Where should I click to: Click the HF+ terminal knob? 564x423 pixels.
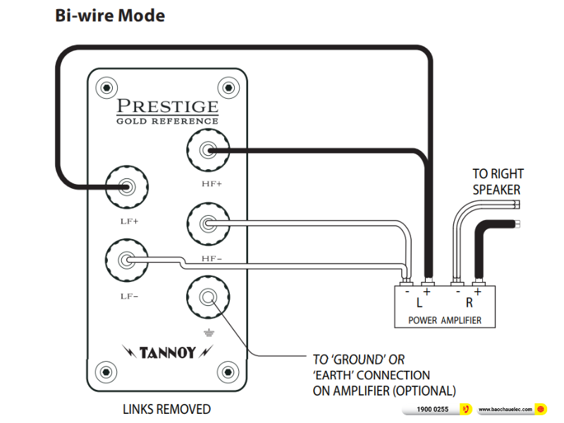tap(207, 151)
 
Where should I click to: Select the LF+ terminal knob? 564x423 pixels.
tap(127, 188)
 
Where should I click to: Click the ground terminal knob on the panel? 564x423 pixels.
tap(207, 298)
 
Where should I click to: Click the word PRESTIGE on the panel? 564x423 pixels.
tap(167, 107)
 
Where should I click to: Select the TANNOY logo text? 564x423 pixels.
tap(168, 350)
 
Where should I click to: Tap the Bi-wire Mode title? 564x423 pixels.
tap(110, 16)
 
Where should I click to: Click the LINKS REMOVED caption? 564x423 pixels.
tap(166, 409)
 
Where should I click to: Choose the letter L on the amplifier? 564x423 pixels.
tap(419, 304)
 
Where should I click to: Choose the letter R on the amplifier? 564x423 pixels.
tap(469, 304)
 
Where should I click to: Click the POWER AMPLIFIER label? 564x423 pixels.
tap(444, 320)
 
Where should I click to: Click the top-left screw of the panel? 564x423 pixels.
tap(106, 89)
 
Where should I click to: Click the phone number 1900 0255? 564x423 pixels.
tap(432, 409)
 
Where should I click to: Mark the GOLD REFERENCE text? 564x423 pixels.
tap(167, 121)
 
